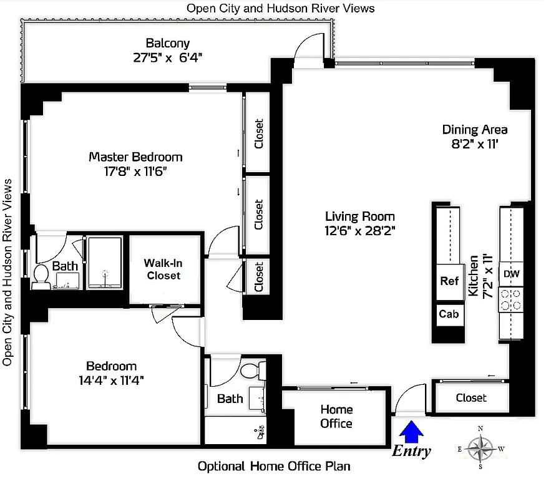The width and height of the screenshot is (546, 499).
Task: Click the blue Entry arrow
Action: [411, 430]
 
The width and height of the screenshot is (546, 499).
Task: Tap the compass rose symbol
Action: [480, 448]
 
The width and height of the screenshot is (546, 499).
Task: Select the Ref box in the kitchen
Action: [449, 281]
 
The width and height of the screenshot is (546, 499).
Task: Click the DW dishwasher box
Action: [511, 274]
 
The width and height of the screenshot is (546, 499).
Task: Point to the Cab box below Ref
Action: [449, 314]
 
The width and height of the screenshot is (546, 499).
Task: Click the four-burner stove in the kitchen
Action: [511, 299]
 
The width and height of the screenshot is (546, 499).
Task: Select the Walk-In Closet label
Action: [164, 269]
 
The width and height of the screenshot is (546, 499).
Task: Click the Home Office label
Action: [336, 417]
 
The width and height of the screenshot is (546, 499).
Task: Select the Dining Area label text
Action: [474, 130]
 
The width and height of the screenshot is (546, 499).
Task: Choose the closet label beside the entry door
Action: [471, 397]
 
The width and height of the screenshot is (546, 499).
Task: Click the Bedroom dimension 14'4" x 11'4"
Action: [111, 380]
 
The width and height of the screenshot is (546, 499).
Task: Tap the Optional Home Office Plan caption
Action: [273, 466]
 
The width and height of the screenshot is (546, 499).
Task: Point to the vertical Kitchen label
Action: [474, 274]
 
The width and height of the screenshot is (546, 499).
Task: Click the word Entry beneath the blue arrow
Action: [411, 452]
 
